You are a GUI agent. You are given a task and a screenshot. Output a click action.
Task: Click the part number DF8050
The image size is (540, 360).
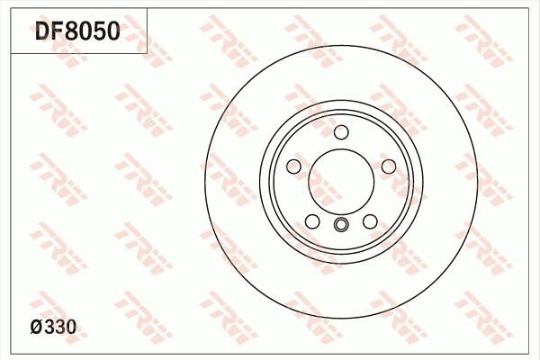tap(76, 32)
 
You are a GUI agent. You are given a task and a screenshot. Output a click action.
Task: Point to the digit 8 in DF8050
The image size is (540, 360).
tap(72, 32)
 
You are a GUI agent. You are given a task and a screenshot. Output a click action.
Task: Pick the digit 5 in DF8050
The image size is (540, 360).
tap(99, 32)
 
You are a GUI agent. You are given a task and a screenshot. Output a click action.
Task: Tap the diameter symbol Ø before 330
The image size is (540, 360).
tap(36, 329)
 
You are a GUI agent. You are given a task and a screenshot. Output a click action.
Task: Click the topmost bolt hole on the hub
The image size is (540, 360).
tap(341, 133)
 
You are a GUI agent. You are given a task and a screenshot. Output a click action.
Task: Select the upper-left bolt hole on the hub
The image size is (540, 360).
tap(294, 167)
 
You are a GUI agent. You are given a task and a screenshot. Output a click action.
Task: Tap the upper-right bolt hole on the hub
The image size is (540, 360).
tap(388, 167)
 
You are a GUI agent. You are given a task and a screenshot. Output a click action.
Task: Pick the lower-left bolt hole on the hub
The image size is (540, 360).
tap(312, 221)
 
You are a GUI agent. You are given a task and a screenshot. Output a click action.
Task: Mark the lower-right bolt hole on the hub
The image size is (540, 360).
tap(370, 221)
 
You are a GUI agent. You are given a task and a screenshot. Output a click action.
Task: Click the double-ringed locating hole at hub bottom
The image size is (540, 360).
tap(341, 225)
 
